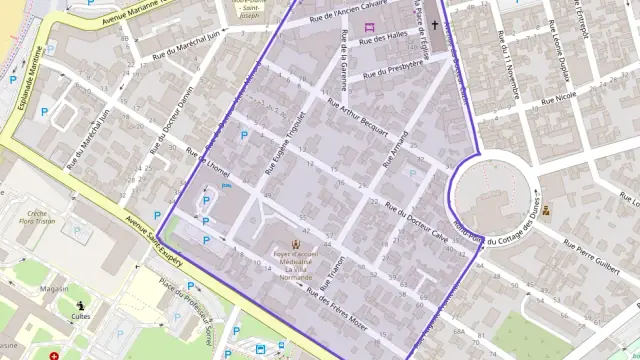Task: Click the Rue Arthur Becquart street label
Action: pyautogui.click(x=357, y=123)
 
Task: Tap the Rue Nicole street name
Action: pyautogui.click(x=558, y=98)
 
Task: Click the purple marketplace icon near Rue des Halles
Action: pyautogui.click(x=369, y=26)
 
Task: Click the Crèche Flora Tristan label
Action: pyautogui.click(x=39, y=219)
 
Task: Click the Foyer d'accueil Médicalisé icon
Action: pyautogui.click(x=295, y=243)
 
